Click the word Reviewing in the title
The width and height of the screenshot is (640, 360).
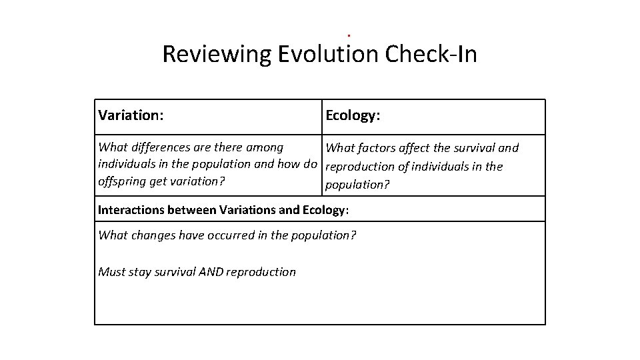217,55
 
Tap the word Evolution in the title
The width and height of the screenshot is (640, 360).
328,55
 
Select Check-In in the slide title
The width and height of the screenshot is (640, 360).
431,55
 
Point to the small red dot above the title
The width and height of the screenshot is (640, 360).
349,35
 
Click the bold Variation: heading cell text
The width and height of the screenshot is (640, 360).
131,115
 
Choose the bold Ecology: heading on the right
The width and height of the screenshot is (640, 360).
353,115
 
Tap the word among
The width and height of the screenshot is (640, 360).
265,147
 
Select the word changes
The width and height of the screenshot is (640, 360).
154,235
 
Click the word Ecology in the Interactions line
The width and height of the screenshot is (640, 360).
323,210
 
